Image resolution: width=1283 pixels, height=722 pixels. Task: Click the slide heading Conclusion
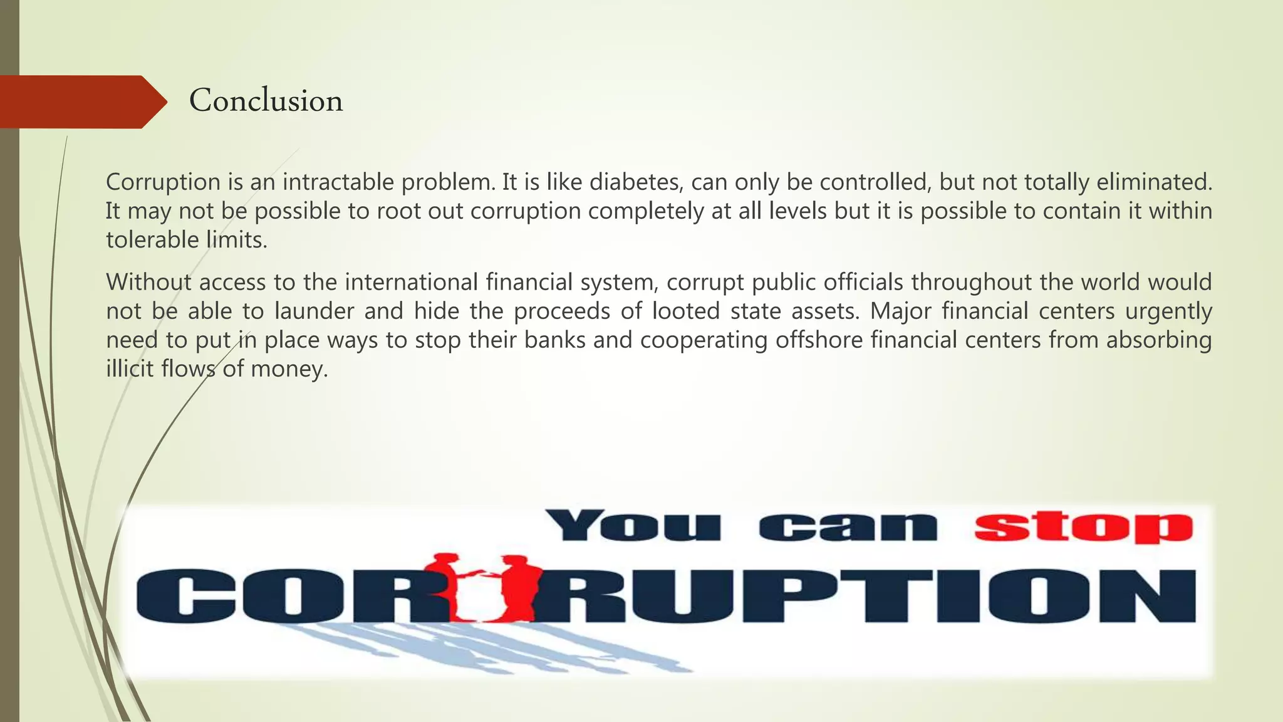[266, 101]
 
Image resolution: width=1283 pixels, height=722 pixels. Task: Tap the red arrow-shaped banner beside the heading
[81, 102]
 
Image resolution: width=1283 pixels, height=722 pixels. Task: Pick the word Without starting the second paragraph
[148, 282]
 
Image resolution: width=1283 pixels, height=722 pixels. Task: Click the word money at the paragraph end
[289, 369]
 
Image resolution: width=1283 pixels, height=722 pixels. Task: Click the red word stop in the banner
[1083, 526]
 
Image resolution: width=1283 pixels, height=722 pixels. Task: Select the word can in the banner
[848, 526]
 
